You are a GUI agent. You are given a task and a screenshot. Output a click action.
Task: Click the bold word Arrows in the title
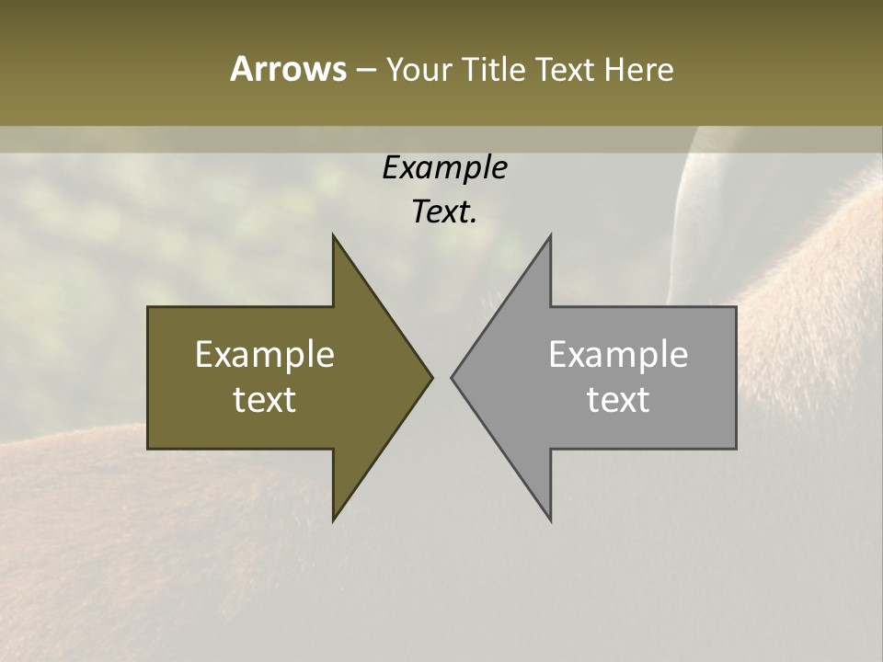(x=288, y=69)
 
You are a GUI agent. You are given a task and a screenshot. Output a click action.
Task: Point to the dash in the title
(x=365, y=71)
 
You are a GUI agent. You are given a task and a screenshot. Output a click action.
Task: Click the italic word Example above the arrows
(x=444, y=168)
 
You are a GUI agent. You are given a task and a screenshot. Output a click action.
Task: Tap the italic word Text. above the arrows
(x=444, y=211)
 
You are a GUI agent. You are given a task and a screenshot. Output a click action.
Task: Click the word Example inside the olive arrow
(x=265, y=355)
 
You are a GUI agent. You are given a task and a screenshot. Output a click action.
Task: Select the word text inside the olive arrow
(x=265, y=399)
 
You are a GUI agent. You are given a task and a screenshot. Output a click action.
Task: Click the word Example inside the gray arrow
(x=618, y=355)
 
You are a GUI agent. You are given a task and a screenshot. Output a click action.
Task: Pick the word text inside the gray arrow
(x=618, y=399)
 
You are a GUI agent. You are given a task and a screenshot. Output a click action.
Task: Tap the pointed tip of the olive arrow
(x=431, y=377)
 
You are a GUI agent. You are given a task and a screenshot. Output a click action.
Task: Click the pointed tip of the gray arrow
(x=452, y=377)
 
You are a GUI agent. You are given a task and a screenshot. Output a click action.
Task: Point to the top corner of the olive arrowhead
(x=333, y=235)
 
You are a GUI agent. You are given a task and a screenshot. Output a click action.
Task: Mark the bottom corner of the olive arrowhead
(x=333, y=520)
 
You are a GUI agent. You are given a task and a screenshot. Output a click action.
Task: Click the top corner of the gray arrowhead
(x=550, y=235)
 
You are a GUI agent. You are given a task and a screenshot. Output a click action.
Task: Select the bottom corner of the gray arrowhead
(x=550, y=520)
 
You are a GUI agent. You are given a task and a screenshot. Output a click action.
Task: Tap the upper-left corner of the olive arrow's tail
(x=149, y=307)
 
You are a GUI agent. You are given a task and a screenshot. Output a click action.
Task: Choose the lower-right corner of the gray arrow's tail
(x=736, y=448)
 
